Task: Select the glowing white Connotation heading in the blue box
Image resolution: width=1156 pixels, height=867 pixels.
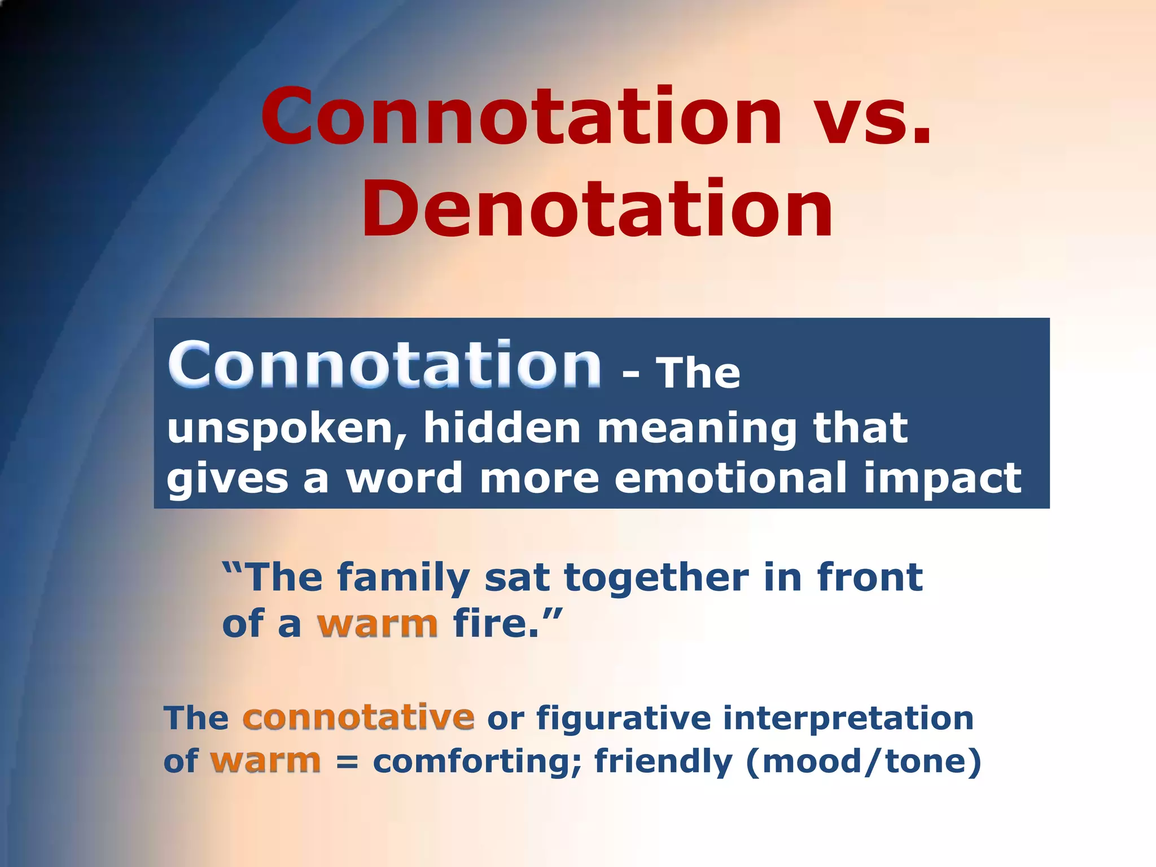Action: pyautogui.click(x=384, y=366)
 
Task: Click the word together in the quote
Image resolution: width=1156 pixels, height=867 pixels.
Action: pyautogui.click(x=656, y=579)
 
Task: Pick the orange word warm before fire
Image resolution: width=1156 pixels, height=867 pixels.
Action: pyautogui.click(x=378, y=624)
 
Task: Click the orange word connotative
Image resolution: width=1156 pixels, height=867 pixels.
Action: pyautogui.click(x=358, y=717)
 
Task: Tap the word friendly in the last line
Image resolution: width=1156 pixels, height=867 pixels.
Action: pyautogui.click(x=663, y=763)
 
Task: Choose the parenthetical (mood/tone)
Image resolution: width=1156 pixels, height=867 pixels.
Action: pyautogui.click(x=864, y=763)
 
